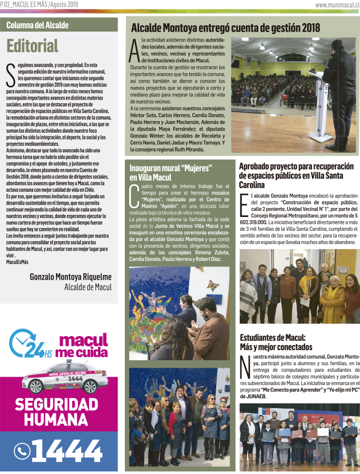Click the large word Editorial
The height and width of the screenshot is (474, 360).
[33, 46]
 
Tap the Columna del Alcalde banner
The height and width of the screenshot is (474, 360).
[37, 25]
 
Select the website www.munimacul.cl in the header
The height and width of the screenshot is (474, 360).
[337, 5]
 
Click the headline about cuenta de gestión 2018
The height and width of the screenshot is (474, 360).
[225, 27]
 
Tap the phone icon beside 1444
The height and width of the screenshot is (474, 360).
[23, 451]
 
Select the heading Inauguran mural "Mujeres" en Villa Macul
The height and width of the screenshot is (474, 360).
[170, 172]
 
